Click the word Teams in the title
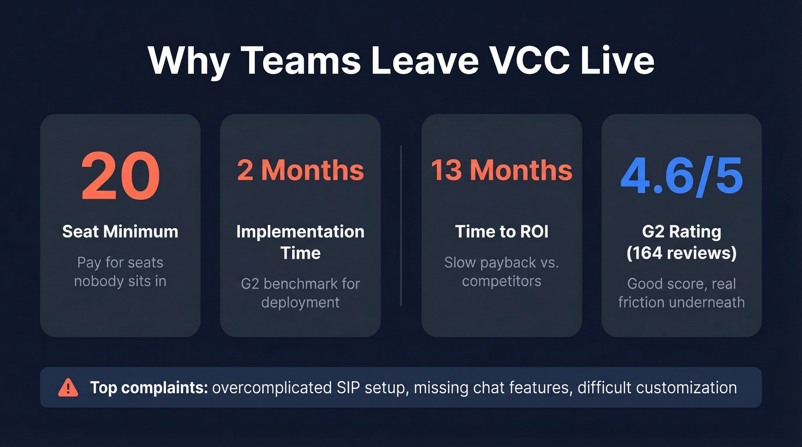[301, 60]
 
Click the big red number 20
[120, 176]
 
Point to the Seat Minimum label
[120, 232]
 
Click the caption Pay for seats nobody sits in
[120, 272]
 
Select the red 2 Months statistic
[300, 171]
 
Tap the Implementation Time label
[300, 242]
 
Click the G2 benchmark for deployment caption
[300, 292]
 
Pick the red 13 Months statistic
[501, 171]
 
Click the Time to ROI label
[501, 232]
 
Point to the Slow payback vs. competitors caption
[501, 272]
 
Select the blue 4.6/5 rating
[681, 176]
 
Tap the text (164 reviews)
[681, 253]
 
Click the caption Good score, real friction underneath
[681, 292]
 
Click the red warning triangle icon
[68, 387]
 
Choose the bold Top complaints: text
[149, 387]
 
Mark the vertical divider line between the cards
[401, 226]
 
